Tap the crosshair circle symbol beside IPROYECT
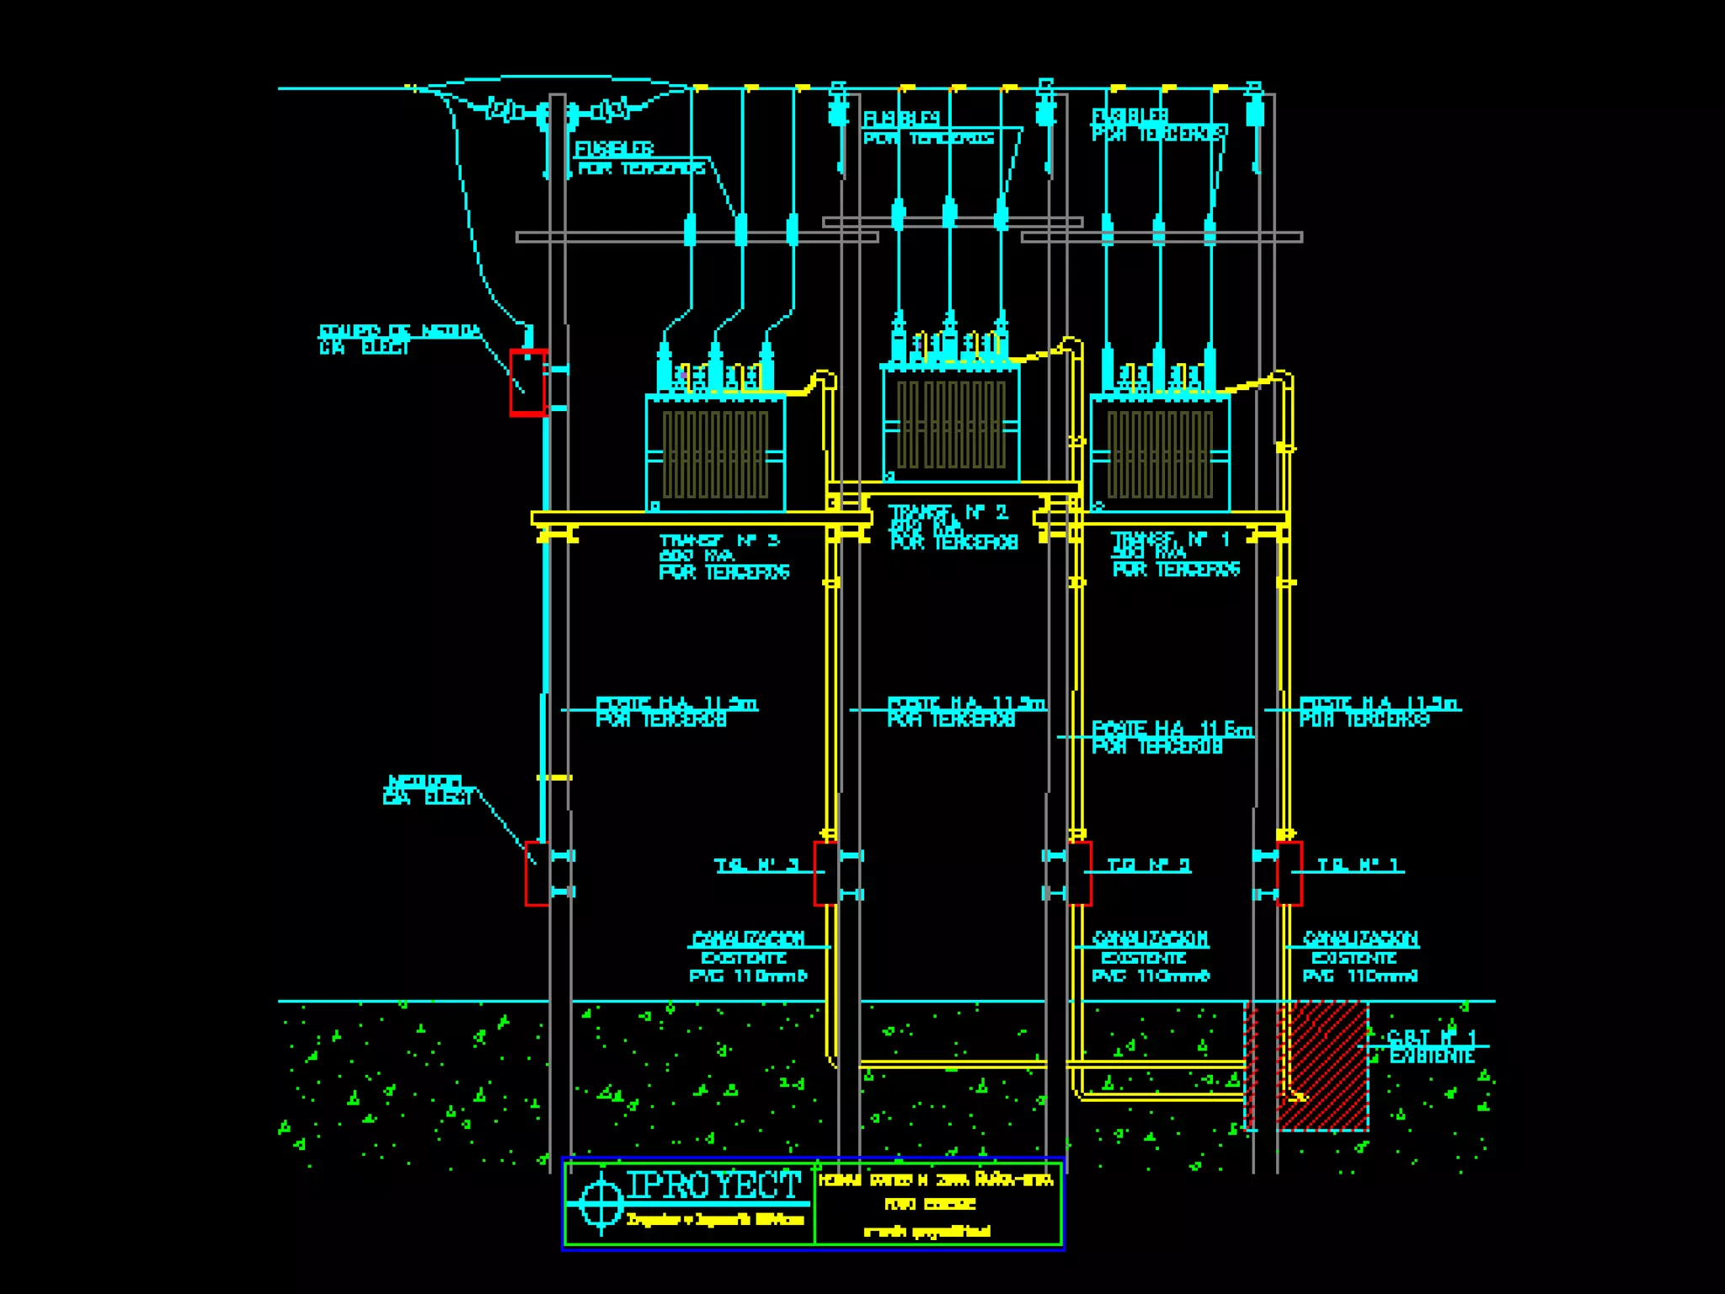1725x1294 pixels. click(x=601, y=1200)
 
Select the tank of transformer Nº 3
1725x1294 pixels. click(x=715, y=453)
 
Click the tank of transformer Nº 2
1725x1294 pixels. click(x=951, y=424)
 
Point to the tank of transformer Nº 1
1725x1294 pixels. click(x=1160, y=453)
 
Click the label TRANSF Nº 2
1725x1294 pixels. click(x=948, y=512)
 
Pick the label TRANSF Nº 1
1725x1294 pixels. click(x=1171, y=539)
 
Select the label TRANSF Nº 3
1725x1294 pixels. click(x=719, y=541)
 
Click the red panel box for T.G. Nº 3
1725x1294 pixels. click(x=825, y=874)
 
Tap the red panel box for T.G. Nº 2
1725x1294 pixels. click(x=1080, y=874)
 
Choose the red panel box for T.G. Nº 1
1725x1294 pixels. click(x=1290, y=874)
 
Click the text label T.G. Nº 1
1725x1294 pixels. click(x=1358, y=866)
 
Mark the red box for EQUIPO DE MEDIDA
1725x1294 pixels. click(x=528, y=382)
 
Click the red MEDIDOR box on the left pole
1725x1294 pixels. click(x=537, y=874)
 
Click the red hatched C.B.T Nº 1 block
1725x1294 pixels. click(x=1322, y=1066)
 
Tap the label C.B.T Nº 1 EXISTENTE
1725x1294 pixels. click(x=1431, y=1046)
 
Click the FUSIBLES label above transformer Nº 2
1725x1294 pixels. click(x=901, y=119)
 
